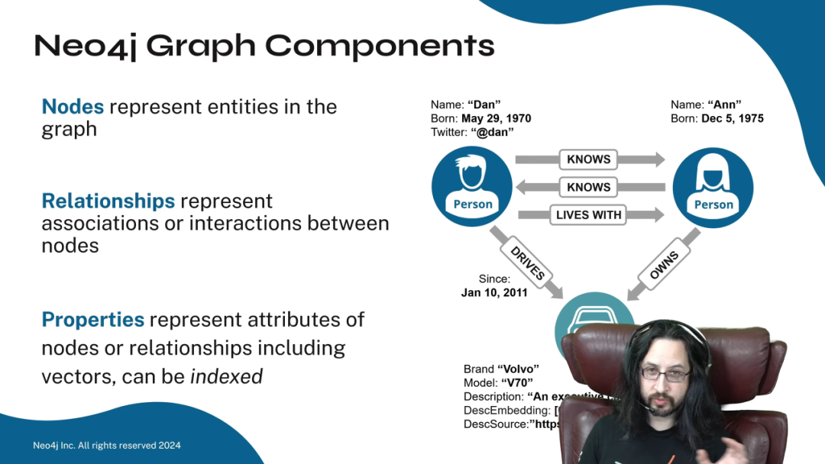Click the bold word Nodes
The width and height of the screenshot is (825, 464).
(73, 107)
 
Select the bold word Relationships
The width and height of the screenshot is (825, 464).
(108, 201)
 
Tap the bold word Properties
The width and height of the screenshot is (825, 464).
(92, 320)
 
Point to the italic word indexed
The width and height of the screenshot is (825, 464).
(226, 376)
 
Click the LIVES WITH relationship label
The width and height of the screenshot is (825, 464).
(588, 215)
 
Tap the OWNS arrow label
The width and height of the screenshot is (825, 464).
(664, 262)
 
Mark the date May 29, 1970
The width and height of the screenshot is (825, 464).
(496, 118)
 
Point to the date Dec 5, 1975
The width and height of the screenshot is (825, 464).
(733, 118)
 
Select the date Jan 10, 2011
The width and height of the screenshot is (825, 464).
(494, 292)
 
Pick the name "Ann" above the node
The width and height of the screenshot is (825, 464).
(724, 105)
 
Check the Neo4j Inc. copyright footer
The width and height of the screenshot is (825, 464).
(107, 446)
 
